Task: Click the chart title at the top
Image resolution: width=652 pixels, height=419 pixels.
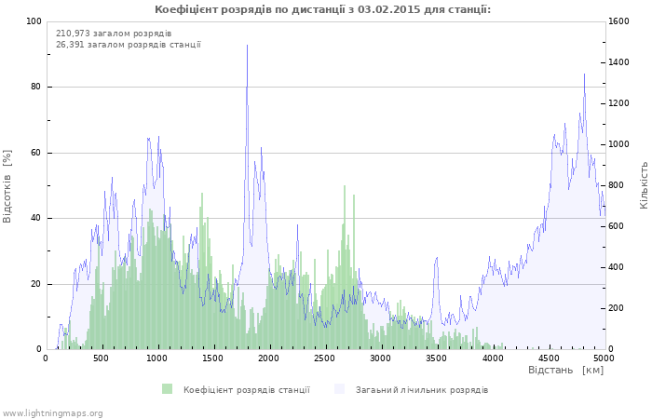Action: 322,9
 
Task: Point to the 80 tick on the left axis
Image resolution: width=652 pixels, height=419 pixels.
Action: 35,87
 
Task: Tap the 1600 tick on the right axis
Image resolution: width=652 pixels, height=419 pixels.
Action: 618,21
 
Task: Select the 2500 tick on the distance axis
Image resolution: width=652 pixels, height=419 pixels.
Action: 324,358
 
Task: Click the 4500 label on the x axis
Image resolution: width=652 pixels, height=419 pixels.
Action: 549,358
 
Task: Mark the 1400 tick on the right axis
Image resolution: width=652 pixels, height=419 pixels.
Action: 618,62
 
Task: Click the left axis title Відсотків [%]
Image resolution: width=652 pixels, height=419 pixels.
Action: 7,186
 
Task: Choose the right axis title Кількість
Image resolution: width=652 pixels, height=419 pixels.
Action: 644,185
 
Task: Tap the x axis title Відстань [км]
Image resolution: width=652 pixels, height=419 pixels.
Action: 566,370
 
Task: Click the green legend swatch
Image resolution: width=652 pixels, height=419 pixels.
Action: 167,389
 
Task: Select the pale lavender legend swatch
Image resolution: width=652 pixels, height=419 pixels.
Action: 340,389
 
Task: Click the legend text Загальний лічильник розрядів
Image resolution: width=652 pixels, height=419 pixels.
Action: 422,390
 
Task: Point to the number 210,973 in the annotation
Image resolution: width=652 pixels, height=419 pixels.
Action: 73,34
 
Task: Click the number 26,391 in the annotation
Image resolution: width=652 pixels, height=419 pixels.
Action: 70,45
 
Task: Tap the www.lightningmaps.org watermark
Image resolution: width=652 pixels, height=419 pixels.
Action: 51,413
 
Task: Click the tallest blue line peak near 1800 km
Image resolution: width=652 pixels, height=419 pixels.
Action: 248,45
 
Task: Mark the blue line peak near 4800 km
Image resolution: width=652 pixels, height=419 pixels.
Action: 584,74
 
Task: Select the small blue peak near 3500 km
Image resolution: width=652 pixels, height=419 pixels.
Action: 437,258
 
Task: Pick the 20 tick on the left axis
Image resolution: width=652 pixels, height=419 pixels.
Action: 35,284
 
